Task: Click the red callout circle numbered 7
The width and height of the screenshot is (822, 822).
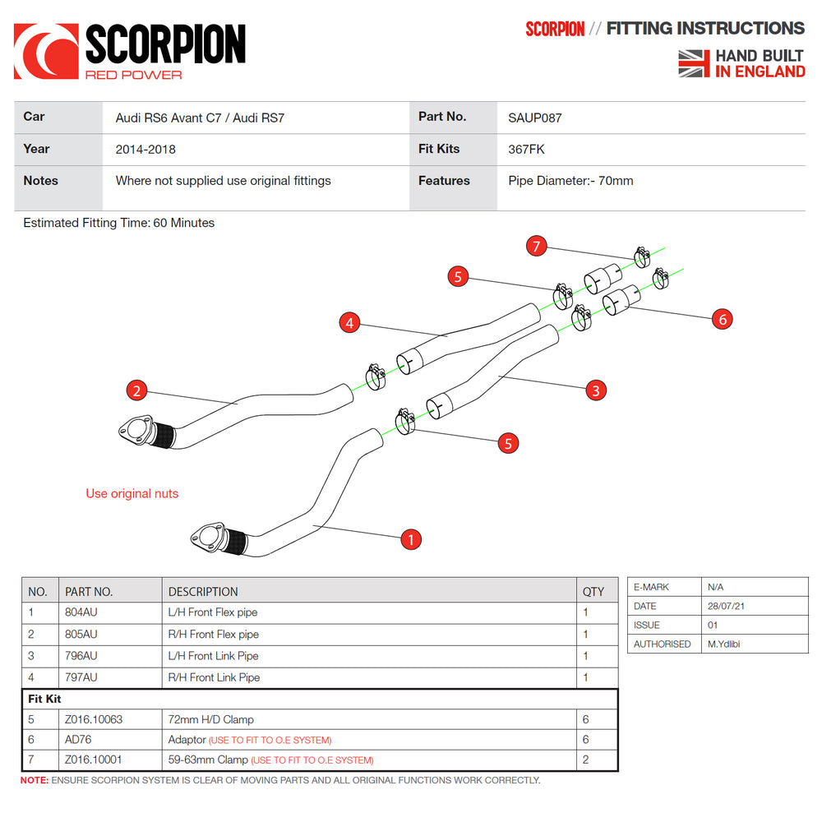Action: [x=537, y=246]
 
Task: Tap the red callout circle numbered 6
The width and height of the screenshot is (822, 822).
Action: [x=722, y=319]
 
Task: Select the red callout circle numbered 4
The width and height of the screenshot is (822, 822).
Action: [x=350, y=323]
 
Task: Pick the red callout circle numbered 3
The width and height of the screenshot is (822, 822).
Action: [x=595, y=390]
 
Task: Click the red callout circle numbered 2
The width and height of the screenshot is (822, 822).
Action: [x=136, y=390]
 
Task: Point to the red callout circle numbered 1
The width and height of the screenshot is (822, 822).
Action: [x=410, y=539]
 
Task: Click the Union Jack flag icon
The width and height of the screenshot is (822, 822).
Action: [x=694, y=63]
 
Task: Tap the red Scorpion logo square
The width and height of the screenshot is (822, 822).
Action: [x=46, y=51]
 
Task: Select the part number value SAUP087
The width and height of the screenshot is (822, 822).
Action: [x=535, y=118]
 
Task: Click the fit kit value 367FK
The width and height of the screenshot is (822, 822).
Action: [x=526, y=150]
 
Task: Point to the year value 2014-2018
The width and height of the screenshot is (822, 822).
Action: [x=145, y=150]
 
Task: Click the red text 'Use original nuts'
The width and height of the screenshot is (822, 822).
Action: [x=132, y=494]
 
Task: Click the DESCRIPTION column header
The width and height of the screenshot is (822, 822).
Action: [x=203, y=591]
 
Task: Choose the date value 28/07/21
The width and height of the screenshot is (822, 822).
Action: [x=727, y=606]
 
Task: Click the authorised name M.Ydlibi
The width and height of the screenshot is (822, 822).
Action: [x=723, y=644]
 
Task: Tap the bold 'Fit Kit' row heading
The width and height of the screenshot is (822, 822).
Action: [x=45, y=699]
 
